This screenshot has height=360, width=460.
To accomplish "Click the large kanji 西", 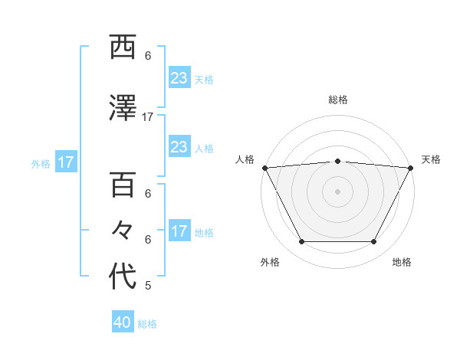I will coord(123,48).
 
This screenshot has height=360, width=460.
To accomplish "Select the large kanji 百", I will coord(123,186).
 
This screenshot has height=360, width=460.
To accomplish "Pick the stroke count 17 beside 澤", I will coord(148,117).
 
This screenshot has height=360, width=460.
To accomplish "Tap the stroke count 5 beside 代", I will coord(148,286).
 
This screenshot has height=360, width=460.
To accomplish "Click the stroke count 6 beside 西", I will coord(148,56).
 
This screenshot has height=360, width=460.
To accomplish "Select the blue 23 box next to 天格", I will coord(179,78).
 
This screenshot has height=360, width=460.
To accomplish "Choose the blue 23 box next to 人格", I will coord(179,147).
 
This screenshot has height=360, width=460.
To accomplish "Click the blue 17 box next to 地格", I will coord(179,231).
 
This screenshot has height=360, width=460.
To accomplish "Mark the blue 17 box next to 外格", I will coord(66,162).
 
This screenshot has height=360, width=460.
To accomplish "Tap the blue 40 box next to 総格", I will coord(123,323).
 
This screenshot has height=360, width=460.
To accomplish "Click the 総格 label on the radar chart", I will coord(337,100).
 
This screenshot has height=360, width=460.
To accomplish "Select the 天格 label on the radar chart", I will coord(431,159).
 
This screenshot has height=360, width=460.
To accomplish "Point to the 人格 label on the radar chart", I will coord(245,159).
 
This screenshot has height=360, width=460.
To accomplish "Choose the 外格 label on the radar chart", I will coord(270,263).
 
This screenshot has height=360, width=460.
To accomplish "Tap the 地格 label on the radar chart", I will coord(402,263).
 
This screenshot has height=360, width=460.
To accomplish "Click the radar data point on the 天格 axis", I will coord(410,167).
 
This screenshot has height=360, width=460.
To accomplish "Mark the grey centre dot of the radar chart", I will coord(337,191).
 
